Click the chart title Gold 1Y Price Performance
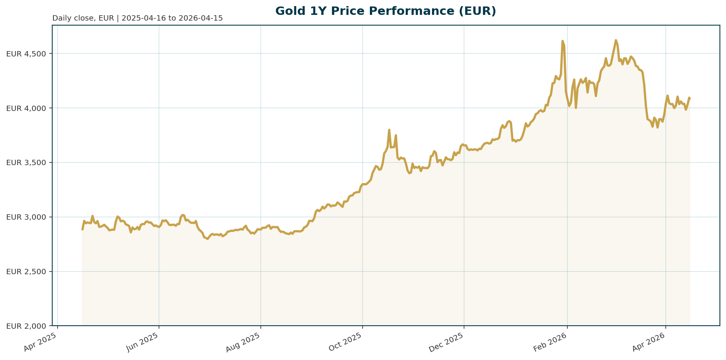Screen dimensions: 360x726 [385, 11]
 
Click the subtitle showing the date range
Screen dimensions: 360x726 [137, 18]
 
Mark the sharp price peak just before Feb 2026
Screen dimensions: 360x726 [562, 41]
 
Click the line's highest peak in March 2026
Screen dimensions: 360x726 [615, 40]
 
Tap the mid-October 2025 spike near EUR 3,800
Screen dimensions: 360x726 [389, 130]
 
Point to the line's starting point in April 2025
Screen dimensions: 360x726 [82, 229]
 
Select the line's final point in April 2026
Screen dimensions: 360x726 [690, 99]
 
